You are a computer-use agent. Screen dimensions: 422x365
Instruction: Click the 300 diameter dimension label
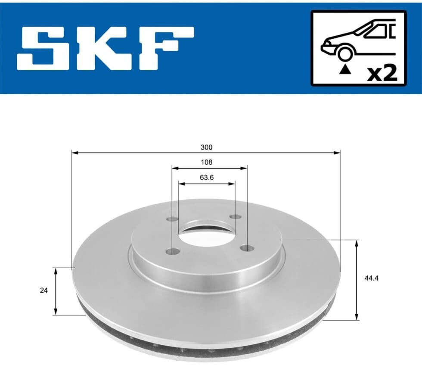(206, 147)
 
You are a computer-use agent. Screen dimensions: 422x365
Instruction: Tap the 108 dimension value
(206, 162)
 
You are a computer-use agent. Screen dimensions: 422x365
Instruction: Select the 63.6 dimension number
(207, 177)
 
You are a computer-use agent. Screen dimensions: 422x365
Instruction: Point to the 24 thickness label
(43, 291)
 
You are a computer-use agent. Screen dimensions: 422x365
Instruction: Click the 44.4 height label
(371, 278)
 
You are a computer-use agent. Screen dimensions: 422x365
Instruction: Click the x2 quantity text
(382, 74)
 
